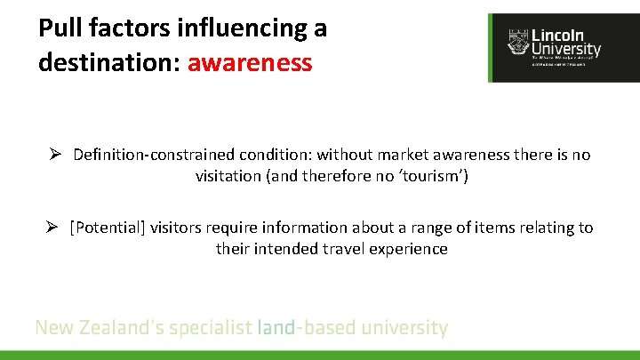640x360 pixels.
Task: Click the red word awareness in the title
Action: [x=250, y=63]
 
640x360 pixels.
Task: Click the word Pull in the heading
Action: [x=60, y=28]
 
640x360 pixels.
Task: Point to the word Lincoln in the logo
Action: [x=558, y=35]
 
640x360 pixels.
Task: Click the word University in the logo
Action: [x=565, y=50]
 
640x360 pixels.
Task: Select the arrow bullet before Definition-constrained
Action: [x=55, y=155]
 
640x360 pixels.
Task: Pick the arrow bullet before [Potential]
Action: [x=55, y=228]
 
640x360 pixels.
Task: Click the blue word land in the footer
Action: [x=276, y=327]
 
